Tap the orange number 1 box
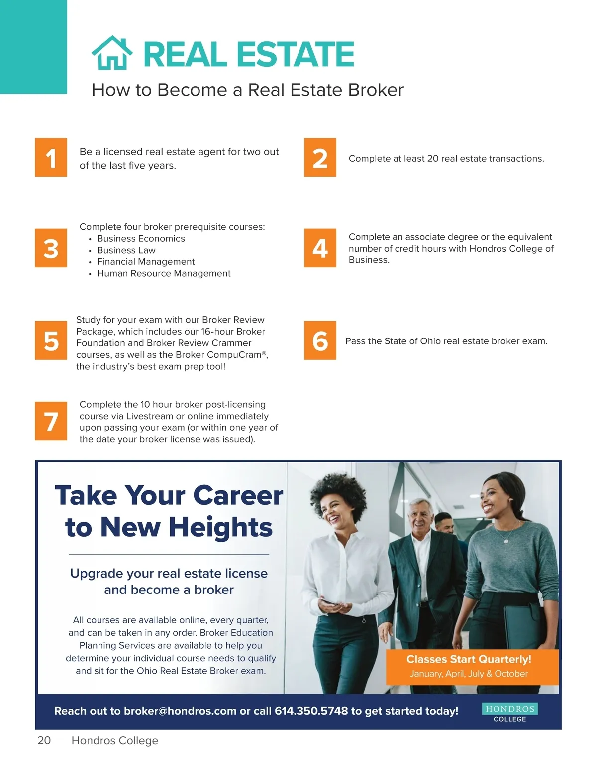coord(51,157)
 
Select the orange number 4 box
coord(320,248)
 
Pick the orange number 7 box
coord(51,421)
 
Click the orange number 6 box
coord(320,340)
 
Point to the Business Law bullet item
coord(126,250)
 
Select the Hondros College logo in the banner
coord(510,712)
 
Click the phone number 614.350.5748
coord(311,711)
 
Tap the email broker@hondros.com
coord(180,711)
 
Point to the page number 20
coord(44,741)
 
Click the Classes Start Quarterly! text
coord(469,659)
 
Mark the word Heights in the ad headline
coord(220,528)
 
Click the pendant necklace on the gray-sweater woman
coord(506,541)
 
